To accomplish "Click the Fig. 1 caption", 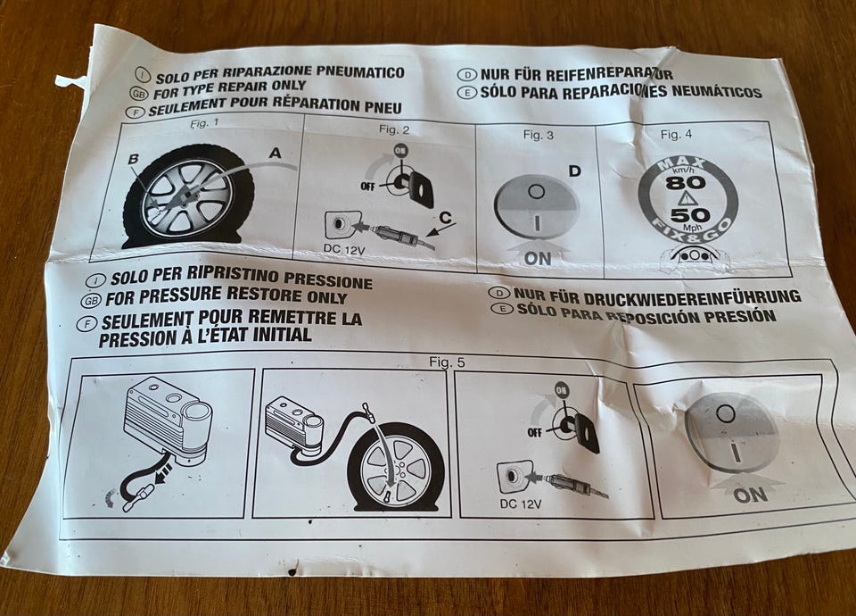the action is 204,123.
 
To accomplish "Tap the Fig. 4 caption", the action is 676,135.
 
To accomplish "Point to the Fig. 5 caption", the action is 447,362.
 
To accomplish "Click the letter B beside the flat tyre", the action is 133,159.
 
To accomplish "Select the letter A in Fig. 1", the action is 276,153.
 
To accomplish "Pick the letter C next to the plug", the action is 446,218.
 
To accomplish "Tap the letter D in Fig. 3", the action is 574,171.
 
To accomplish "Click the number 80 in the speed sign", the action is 685,182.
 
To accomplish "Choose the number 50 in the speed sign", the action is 690,215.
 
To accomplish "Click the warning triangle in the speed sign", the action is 687,198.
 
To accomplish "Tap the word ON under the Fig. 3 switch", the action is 538,258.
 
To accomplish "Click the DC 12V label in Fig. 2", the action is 343,249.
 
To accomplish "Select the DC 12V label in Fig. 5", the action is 520,504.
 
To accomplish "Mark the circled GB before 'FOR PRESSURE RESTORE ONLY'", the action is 91,301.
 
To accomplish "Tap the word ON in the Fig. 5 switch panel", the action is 751,495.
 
